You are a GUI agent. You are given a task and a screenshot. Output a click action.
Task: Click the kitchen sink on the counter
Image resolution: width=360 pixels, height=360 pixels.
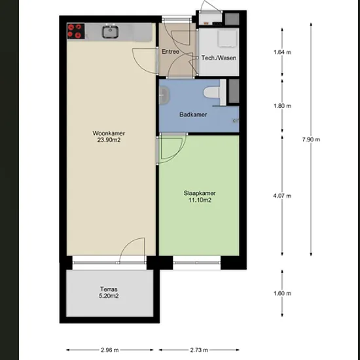110,31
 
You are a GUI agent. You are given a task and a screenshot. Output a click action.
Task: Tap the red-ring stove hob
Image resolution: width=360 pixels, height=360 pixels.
76,31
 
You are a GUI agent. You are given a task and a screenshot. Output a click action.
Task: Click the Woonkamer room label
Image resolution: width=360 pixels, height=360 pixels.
109,133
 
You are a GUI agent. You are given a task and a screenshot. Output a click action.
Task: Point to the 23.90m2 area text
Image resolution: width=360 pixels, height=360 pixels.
109,140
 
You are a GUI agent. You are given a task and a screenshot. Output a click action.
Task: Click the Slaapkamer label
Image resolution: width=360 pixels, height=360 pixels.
200,193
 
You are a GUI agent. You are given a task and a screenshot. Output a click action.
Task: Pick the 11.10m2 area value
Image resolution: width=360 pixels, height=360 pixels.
200,200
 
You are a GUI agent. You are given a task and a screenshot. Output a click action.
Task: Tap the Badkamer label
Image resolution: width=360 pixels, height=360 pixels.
193,115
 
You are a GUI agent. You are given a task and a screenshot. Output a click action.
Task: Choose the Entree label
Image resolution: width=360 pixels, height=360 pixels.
170,52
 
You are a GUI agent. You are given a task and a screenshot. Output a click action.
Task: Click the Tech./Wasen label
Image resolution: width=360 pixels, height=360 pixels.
219,58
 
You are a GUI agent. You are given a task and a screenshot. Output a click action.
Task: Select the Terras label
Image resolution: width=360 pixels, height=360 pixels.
109,289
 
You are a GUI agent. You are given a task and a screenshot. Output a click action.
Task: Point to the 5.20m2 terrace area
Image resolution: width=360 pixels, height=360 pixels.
109,296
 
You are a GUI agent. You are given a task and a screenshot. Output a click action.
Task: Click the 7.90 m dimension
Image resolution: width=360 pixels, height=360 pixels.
311,139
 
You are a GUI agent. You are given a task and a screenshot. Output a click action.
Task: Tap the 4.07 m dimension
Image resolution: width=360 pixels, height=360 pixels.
282,196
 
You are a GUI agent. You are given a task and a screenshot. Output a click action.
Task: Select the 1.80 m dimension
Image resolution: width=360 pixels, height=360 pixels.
282,106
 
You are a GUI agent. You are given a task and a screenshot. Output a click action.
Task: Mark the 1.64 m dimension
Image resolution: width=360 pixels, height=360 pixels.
282,52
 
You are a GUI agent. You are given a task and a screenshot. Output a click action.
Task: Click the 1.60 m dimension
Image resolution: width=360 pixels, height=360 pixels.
282,293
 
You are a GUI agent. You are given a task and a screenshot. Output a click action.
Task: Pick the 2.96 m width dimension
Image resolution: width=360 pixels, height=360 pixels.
110,350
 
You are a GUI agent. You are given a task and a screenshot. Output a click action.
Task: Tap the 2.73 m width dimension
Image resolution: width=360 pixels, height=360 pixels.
199,350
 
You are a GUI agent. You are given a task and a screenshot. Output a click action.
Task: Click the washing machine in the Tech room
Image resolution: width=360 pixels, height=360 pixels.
227,39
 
